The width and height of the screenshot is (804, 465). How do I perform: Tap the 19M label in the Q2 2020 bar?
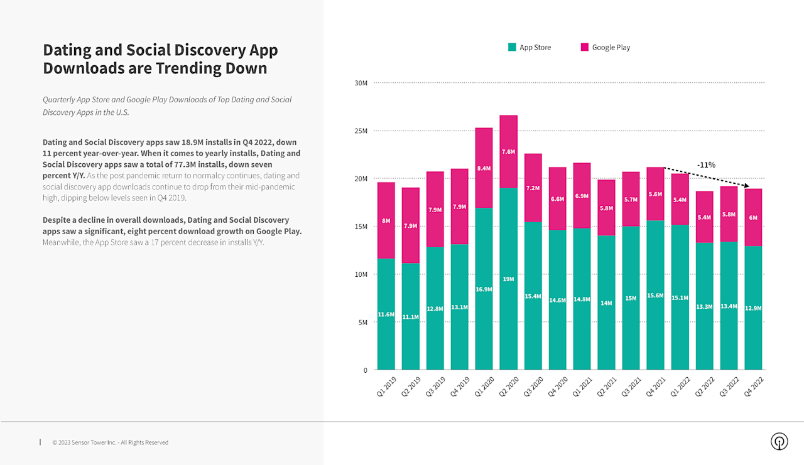point(509,279)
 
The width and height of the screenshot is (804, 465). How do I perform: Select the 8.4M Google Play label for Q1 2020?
point(484,168)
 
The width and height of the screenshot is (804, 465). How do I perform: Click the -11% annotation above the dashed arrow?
point(706,165)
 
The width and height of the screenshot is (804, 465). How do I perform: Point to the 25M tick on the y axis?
point(361,131)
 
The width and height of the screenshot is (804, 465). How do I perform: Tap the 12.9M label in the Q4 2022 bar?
point(753,307)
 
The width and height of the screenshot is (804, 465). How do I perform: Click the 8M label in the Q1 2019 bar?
point(386,221)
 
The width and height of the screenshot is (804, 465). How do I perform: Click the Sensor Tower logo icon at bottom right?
point(779,441)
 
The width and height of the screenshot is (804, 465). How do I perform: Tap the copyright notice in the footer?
point(110,442)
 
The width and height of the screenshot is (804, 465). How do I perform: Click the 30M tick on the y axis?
point(361,83)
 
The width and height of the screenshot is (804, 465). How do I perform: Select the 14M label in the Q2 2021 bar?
point(607,303)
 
